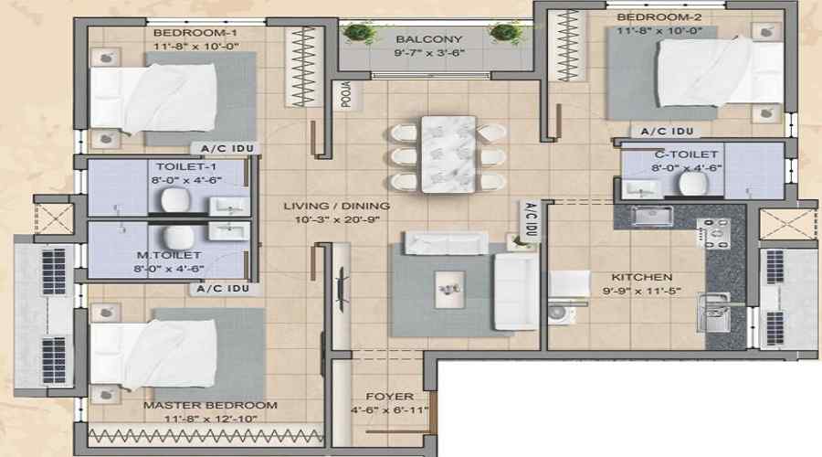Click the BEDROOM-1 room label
(x=195, y=33)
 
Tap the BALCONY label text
(x=429, y=39)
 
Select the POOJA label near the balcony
(x=347, y=95)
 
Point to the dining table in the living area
(x=448, y=154)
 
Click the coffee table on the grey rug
(x=449, y=289)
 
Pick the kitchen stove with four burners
(x=713, y=232)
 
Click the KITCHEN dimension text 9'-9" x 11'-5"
(x=641, y=290)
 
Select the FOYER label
(x=389, y=396)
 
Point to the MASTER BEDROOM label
(x=210, y=405)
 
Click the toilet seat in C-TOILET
(x=693, y=184)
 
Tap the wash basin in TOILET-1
(x=229, y=207)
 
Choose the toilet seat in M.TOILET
(x=178, y=237)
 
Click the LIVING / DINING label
(x=336, y=207)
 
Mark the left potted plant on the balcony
(x=359, y=33)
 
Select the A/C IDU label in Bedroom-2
(x=668, y=132)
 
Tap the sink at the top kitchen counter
(x=652, y=215)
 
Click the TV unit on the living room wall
(x=342, y=289)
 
